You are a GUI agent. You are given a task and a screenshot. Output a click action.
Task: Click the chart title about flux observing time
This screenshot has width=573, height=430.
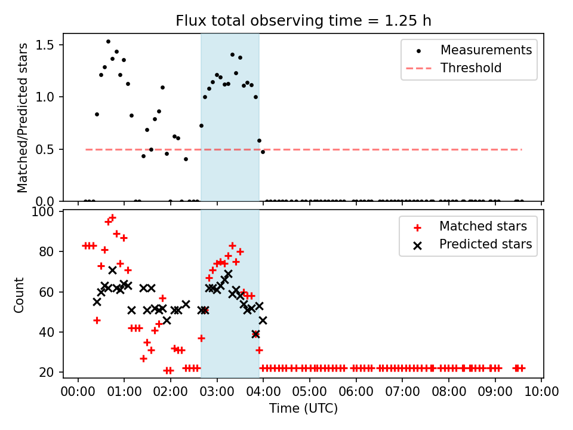303,21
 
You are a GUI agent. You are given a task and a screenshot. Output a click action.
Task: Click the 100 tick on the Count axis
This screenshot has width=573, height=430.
46,212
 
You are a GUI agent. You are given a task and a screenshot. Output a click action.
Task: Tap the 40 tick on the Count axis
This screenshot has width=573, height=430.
49,332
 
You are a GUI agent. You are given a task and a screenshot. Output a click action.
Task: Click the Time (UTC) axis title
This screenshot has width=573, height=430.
303,409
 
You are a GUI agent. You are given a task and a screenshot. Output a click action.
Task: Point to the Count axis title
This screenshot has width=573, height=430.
20,294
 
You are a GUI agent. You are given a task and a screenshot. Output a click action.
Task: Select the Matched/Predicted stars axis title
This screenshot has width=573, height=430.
23,118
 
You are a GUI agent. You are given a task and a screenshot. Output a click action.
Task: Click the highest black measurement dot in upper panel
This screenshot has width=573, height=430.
108,42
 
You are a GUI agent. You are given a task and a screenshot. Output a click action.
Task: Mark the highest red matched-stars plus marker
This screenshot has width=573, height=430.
112,217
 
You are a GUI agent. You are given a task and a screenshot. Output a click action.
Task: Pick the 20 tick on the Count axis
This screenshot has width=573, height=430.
49,372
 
